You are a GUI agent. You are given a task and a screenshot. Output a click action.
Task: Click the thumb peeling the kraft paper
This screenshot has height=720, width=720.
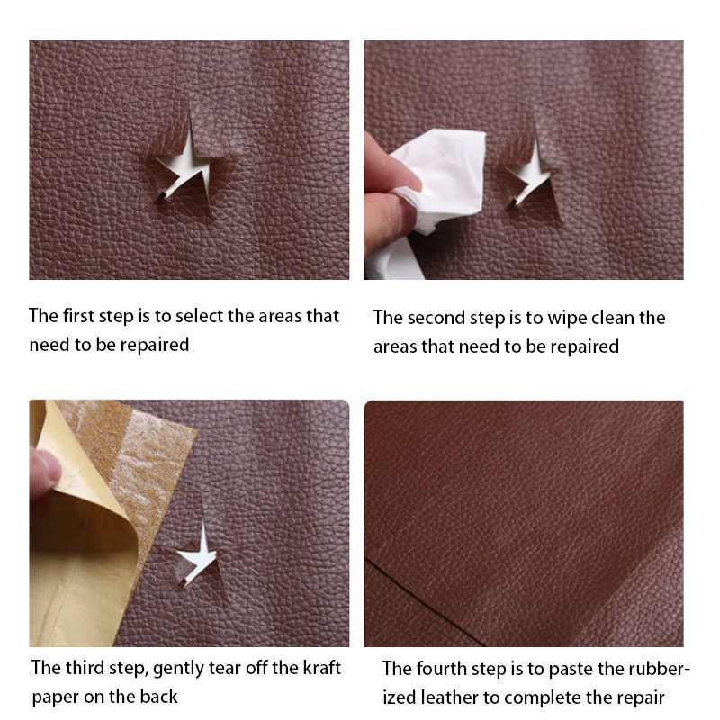click(x=44, y=472)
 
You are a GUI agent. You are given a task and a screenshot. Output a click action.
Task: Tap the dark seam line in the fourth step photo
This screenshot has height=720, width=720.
click(x=425, y=602)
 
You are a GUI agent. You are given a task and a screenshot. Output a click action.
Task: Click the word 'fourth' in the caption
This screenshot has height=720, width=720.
click(x=442, y=669)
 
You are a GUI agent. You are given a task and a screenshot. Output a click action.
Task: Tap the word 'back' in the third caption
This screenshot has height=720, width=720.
click(x=159, y=697)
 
